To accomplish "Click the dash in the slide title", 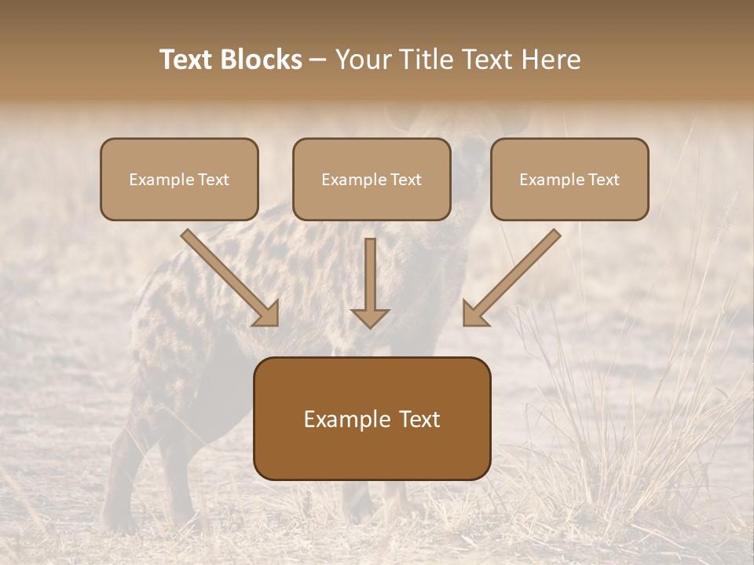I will (318, 60).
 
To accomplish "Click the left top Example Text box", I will (179, 180).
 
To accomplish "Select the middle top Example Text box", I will (372, 180).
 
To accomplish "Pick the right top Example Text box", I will (569, 180).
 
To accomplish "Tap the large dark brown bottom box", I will (372, 418).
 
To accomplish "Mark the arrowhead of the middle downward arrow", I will (370, 316).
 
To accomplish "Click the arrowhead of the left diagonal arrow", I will (267, 314).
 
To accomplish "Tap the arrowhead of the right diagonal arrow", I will (474, 314).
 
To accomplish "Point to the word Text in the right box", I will (604, 180).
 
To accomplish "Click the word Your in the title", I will (361, 60).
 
